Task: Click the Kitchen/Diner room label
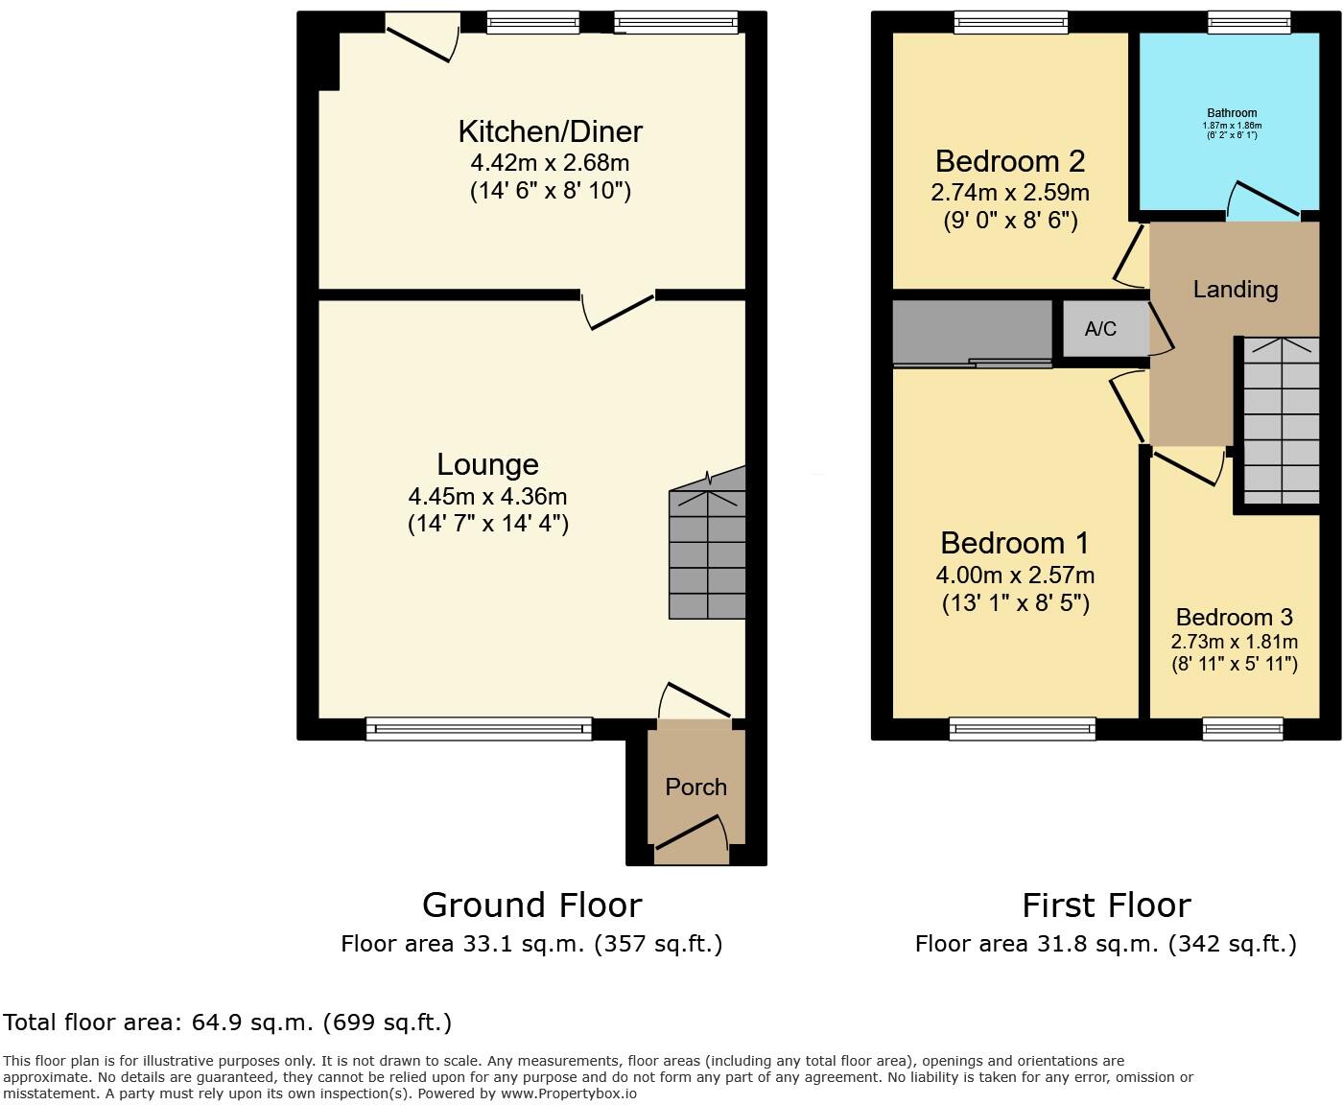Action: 550,131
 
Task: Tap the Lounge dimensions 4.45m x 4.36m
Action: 487,497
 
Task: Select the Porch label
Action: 695,788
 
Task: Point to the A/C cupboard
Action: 1101,329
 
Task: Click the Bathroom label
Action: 1232,113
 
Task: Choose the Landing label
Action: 1235,289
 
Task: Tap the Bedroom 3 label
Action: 1234,617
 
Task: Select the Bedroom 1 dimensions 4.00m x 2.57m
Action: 1015,576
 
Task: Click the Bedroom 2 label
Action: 1009,161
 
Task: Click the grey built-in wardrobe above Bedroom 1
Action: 971,332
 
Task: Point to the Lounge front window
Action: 479,730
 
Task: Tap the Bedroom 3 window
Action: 1242,730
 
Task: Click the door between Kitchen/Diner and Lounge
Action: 619,309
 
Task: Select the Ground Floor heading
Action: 531,905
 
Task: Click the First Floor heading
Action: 1105,905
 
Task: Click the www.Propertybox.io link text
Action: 568,1093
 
